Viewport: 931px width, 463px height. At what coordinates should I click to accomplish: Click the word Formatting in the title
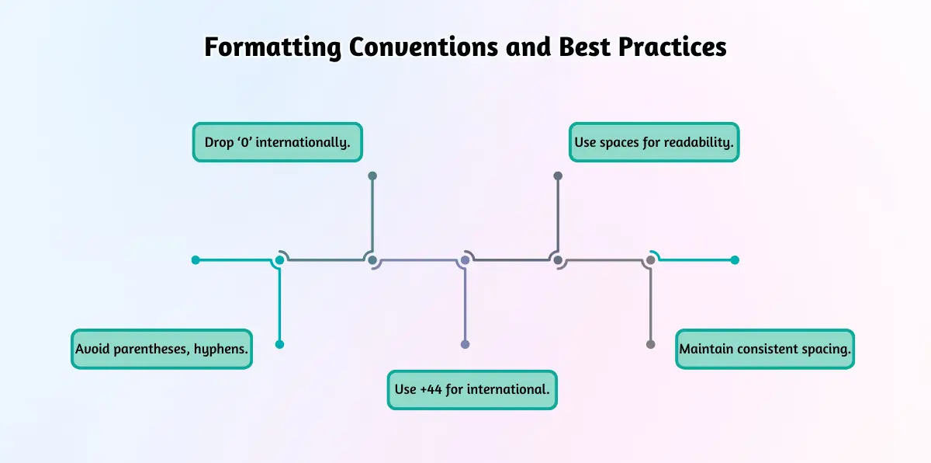272,47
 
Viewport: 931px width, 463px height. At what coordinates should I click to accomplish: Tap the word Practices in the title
672,47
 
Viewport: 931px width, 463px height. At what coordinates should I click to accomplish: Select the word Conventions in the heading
423,47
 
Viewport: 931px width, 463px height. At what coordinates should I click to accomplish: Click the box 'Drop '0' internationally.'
277,142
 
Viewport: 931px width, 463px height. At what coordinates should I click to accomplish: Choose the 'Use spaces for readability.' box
654,142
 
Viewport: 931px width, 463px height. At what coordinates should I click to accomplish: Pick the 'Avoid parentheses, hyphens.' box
161,349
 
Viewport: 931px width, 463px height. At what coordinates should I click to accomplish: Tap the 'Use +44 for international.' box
472,390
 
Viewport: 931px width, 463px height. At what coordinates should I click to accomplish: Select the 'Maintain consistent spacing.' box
765,349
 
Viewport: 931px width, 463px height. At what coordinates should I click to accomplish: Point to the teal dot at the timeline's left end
196,260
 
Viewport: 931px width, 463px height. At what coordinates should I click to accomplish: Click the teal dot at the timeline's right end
735,260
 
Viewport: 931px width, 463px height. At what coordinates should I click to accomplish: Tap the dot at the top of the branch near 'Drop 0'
372,176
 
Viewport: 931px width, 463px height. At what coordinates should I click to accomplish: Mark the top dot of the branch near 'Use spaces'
558,176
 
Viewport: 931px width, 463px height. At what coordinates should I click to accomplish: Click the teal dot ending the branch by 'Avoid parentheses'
280,344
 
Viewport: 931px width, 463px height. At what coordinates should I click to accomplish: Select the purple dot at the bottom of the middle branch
465,344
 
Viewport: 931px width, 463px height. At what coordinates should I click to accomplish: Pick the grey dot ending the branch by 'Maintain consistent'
651,344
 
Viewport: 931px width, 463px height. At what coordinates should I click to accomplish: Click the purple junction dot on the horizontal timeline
465,260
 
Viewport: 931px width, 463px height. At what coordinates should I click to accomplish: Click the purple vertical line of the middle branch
465,305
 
